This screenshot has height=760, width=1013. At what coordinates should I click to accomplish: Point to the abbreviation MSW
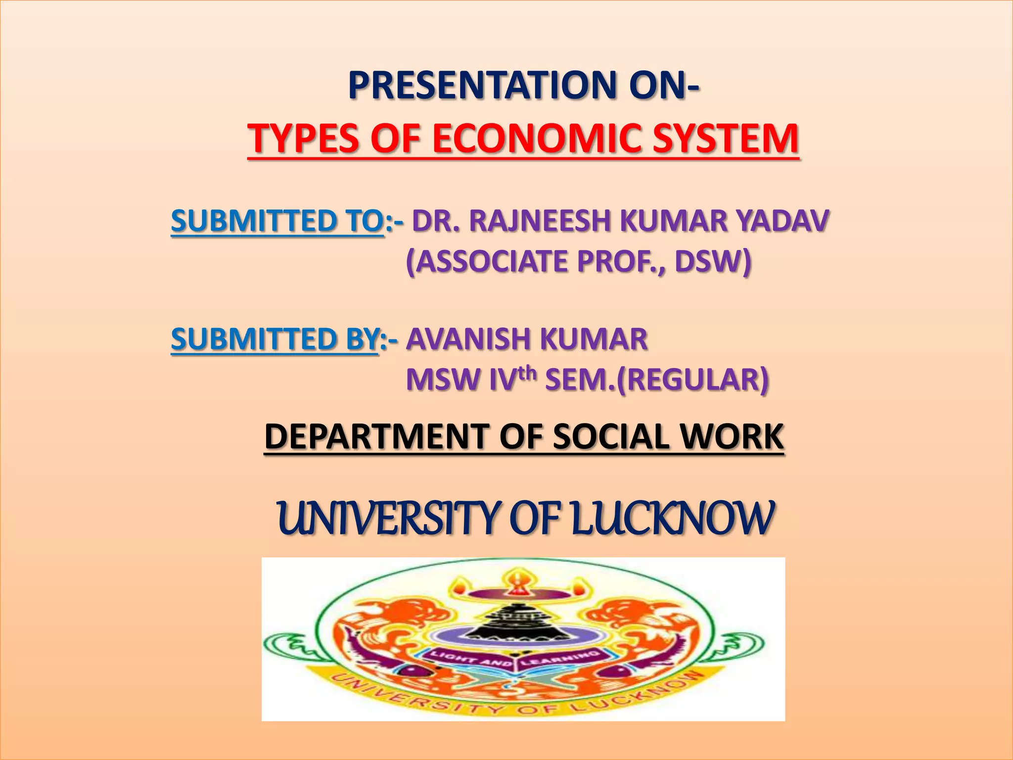443,380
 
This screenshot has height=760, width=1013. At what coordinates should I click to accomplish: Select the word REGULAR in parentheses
692,380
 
